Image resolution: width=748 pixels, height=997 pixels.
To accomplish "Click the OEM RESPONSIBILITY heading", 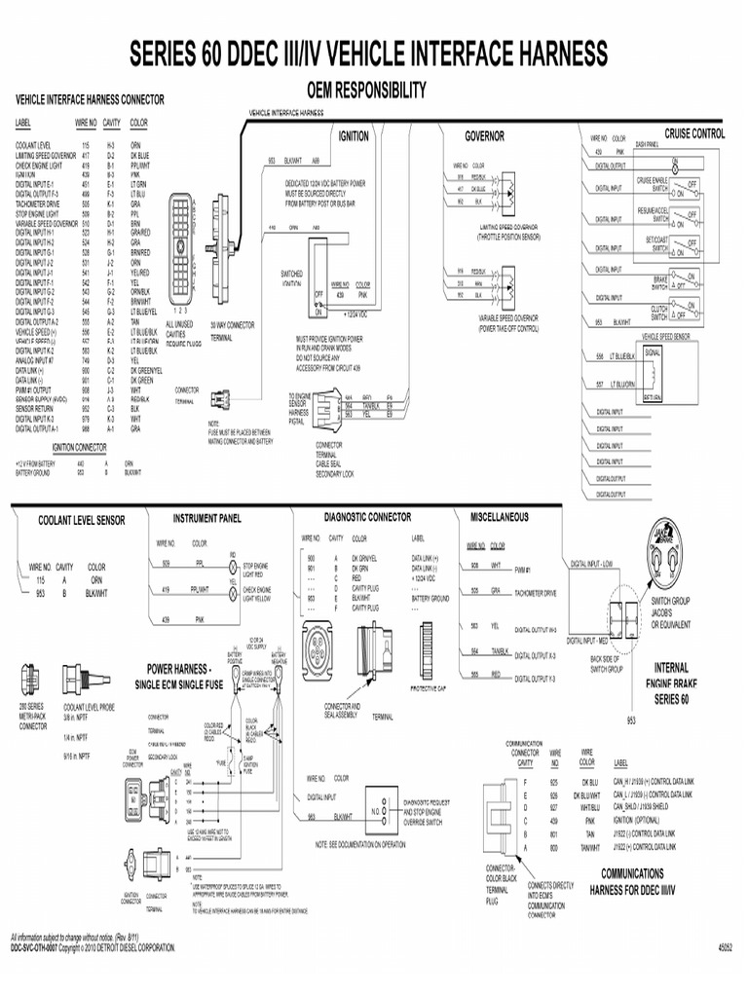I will [x=367, y=91].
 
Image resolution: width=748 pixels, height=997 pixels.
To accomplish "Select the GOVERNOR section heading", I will [x=484, y=136].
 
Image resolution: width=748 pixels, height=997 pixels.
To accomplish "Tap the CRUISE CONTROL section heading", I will [x=694, y=133].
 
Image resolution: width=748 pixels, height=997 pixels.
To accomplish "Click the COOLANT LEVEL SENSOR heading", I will [x=82, y=521].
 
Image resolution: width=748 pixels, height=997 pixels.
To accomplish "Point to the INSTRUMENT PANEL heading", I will [x=206, y=518].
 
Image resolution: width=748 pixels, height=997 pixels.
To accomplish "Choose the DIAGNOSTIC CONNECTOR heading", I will [x=367, y=517].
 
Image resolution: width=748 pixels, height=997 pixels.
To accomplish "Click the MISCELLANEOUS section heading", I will [x=500, y=516].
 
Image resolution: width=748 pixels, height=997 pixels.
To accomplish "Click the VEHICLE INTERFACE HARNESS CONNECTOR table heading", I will [x=89, y=100].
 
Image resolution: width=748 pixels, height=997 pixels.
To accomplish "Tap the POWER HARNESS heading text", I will [x=178, y=669].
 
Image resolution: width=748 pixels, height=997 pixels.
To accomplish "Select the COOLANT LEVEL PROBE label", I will [x=89, y=709].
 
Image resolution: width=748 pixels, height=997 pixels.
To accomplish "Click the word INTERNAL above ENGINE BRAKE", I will [x=670, y=669].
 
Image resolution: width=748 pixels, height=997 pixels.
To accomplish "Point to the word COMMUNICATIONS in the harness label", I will [x=632, y=873].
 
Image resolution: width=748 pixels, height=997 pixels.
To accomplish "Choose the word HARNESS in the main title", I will [x=537, y=53].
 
